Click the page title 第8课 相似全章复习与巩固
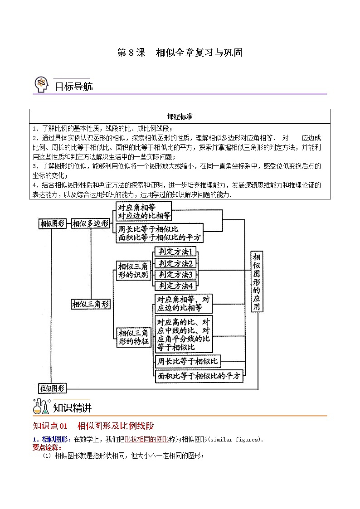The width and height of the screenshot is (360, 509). click(x=180, y=53)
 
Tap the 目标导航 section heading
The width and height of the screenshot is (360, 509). click(x=73, y=86)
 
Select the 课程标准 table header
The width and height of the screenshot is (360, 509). click(x=180, y=116)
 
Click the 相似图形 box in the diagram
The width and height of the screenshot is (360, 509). click(x=53, y=223)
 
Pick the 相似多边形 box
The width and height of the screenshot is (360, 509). click(x=91, y=223)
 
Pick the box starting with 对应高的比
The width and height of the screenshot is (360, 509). click(x=183, y=334)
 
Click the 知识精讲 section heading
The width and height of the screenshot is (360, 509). click(x=73, y=408)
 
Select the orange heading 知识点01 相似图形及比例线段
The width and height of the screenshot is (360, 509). click(x=93, y=426)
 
